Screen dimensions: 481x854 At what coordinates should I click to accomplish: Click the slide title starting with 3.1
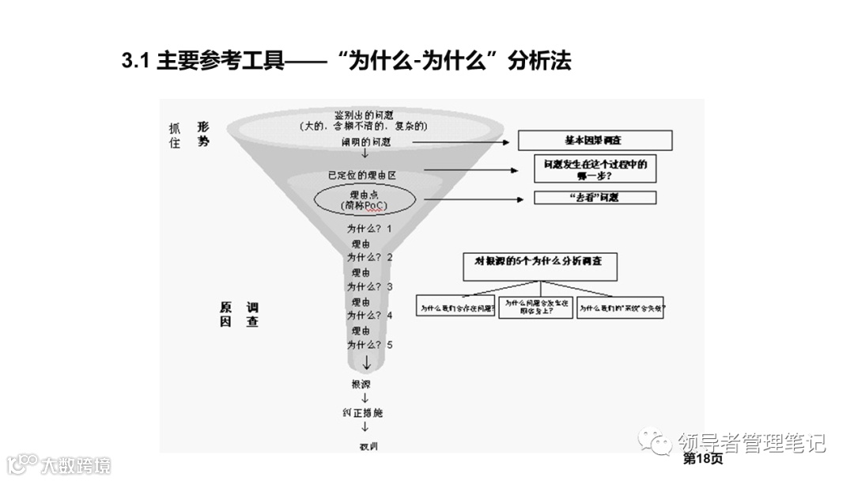point(346,61)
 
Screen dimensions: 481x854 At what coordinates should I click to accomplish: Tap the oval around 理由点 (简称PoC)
point(365,199)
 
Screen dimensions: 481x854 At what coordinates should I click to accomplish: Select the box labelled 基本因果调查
point(595,140)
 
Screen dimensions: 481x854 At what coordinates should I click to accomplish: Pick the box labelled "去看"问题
point(595,197)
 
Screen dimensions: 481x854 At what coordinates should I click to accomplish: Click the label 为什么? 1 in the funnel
point(369,229)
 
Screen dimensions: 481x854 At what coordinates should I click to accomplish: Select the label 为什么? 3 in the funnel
point(369,286)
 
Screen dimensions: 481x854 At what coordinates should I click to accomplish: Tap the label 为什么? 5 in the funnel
point(369,345)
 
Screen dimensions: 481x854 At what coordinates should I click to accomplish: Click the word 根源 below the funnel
point(361,384)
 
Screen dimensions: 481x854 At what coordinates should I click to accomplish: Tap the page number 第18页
point(702,459)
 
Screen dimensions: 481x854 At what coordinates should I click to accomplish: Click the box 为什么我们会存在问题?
point(456,309)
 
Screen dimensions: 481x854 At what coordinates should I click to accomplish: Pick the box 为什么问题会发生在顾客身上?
point(536,308)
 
